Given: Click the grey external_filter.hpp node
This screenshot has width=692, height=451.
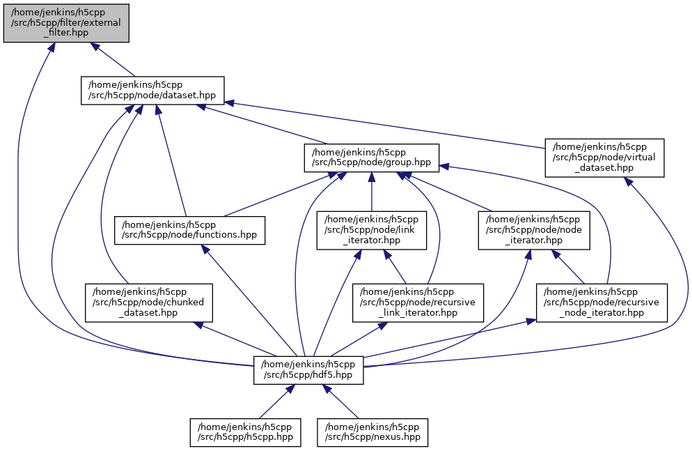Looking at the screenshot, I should [x=66, y=22].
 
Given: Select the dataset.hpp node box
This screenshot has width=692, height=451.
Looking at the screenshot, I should [x=152, y=91].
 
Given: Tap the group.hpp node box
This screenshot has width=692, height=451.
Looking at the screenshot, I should [x=371, y=158].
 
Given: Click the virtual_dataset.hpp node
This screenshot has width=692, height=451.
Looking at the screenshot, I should [x=604, y=158].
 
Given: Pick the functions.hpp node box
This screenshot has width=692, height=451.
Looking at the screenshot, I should [x=190, y=230].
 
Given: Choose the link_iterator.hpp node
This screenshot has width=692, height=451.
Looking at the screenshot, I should [x=372, y=230].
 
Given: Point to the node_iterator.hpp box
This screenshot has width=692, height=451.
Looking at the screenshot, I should [x=534, y=230].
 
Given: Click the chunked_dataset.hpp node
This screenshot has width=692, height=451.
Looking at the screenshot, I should [x=149, y=302].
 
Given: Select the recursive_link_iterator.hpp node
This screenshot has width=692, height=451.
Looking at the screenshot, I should [x=418, y=302].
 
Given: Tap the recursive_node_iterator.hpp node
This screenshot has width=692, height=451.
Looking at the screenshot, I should [x=601, y=302].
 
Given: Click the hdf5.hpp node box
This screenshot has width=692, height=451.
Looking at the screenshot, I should [x=308, y=369].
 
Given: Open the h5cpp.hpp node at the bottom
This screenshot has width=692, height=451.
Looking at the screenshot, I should [x=245, y=432].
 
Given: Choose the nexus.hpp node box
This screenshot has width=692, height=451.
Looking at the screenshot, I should [x=372, y=432].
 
